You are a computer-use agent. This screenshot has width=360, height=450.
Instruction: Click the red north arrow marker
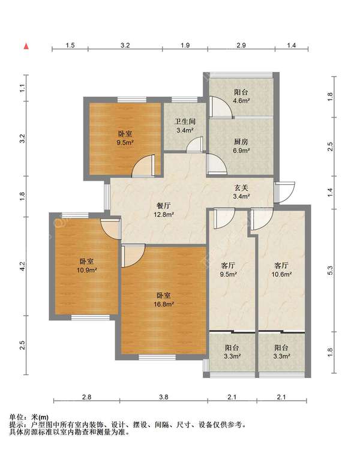tap(26, 46)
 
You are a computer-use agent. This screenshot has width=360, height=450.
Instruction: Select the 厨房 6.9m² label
tap(241, 146)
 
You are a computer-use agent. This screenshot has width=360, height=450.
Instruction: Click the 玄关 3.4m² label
tap(241, 192)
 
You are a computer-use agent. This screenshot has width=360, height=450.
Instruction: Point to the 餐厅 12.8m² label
tap(164, 210)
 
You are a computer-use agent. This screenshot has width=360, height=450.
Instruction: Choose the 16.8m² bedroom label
tap(164, 300)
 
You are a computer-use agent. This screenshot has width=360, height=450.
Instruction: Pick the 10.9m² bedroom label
tap(86, 266)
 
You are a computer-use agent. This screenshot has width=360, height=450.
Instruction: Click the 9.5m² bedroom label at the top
tap(125, 138)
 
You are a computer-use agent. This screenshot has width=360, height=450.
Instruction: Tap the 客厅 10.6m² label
tap(281, 270)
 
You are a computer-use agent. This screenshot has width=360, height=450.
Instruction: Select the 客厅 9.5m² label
tap(228, 270)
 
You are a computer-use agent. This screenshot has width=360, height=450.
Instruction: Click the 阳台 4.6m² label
tap(241, 97)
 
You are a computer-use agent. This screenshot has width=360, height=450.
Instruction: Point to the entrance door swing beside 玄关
tap(284, 192)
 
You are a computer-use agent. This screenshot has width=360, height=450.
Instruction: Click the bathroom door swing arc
tap(194, 144)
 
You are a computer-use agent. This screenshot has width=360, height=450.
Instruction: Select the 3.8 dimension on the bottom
tap(164, 397)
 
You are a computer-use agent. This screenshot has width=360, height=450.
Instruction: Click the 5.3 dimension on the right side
tap(330, 271)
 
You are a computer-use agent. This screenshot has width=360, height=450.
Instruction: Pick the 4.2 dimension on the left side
tap(23, 266)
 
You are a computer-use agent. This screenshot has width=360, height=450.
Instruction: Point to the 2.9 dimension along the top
tap(241, 46)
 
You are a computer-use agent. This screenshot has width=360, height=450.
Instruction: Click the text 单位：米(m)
tap(29, 417)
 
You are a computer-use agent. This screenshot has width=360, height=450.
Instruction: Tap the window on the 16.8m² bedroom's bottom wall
tap(157, 358)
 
